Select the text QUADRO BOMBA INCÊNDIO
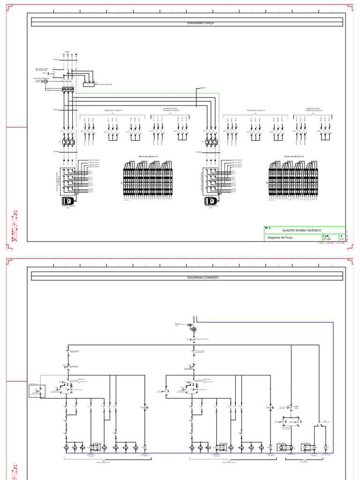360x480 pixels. [301, 231]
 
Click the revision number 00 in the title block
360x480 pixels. [342, 239]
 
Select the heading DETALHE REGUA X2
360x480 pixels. [294, 157]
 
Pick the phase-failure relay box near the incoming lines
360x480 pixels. [89, 84]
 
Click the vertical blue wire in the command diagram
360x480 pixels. [333, 384]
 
